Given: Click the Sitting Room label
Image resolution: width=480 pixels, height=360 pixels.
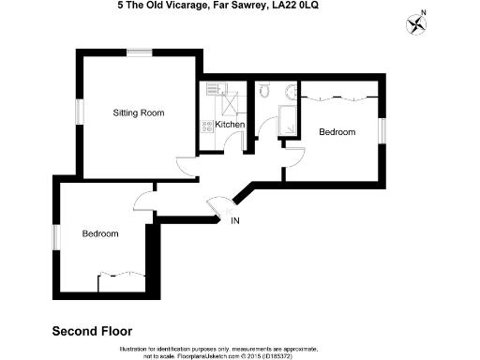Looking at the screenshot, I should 138,112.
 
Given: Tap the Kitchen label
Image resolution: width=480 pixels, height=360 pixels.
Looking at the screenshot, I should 230,125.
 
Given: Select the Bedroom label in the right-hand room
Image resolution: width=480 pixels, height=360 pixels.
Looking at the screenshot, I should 337,132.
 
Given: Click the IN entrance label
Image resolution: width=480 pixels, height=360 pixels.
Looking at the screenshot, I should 234,221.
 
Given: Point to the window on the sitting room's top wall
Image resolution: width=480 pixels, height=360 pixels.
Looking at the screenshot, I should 141,53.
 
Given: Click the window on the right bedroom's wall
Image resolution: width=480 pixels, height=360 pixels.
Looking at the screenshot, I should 382,131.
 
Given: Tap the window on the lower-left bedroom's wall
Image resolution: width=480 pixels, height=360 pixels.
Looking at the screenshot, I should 56,239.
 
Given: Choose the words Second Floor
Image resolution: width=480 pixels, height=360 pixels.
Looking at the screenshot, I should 92,331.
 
